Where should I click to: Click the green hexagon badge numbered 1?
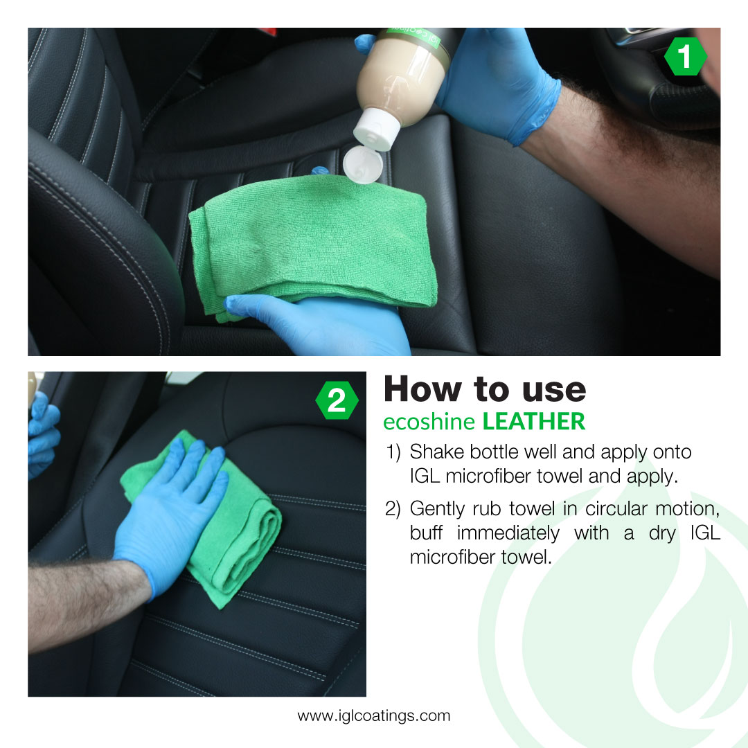685,57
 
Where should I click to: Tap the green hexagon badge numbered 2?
337,400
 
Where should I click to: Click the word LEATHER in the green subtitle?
534,422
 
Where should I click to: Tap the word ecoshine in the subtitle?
429,422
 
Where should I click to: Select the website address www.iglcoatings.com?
373,715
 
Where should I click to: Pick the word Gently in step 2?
437,510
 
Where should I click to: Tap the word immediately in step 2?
508,533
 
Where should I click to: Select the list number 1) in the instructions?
393,452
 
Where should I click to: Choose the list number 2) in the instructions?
393,509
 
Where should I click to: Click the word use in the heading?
554,391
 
